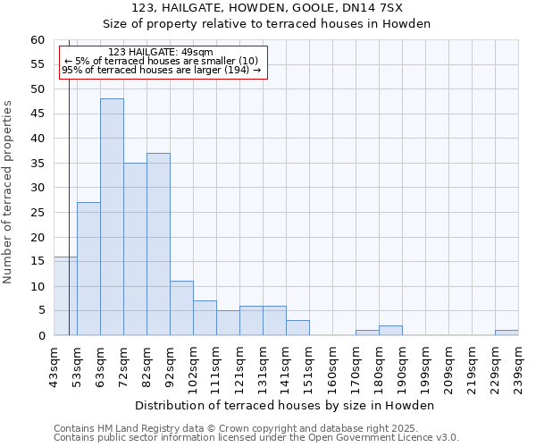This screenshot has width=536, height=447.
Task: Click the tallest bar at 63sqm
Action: click(x=112, y=217)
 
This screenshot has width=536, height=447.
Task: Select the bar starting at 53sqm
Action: click(x=88, y=268)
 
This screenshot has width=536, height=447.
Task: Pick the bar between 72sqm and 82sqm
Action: click(x=135, y=249)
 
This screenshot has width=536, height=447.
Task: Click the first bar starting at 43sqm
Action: click(x=65, y=296)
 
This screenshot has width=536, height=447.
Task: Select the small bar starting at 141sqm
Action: click(x=297, y=328)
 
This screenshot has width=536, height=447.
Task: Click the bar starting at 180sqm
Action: click(x=390, y=331)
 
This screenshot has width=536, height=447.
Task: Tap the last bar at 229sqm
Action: click(x=507, y=333)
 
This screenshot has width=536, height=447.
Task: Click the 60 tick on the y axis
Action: click(x=37, y=40)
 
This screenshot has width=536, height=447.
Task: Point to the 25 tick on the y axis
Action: click(x=37, y=213)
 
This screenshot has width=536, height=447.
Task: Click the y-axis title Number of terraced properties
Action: click(x=9, y=192)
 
